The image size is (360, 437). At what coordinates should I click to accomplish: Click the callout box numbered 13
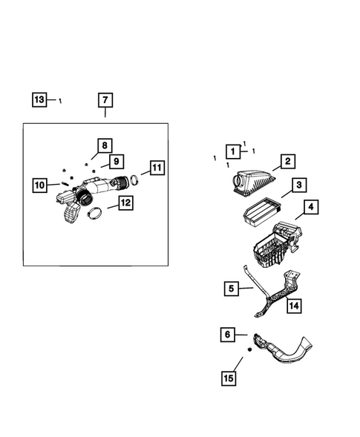[39, 99]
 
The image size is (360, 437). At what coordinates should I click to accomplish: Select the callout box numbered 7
[105, 99]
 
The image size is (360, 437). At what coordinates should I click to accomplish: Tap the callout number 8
[105, 145]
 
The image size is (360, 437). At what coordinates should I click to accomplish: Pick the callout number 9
[115, 161]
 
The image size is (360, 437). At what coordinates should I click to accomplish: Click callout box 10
[39, 184]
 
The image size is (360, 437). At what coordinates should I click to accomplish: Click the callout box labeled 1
[233, 151]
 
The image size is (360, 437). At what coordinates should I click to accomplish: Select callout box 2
[287, 161]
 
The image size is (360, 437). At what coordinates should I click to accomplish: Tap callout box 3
[298, 185]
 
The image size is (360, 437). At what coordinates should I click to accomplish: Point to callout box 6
[227, 335]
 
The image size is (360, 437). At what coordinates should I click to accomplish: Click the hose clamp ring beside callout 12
[95, 215]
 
